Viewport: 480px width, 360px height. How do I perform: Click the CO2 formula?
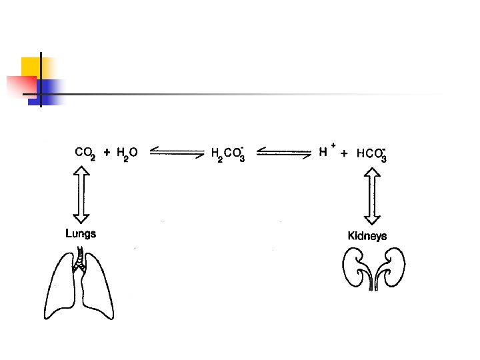tap(85, 153)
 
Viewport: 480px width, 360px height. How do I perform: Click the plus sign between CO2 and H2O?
tap(107, 152)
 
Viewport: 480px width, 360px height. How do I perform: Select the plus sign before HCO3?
tap(343, 153)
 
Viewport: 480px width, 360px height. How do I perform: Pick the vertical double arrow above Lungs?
tap(81, 194)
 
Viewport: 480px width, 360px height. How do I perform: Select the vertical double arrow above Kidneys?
tap(372, 198)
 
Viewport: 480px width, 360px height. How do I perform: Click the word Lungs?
tap(81, 233)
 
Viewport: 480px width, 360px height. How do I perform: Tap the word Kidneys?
tap(367, 236)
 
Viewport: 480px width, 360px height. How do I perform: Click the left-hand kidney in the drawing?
tap(353, 267)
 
